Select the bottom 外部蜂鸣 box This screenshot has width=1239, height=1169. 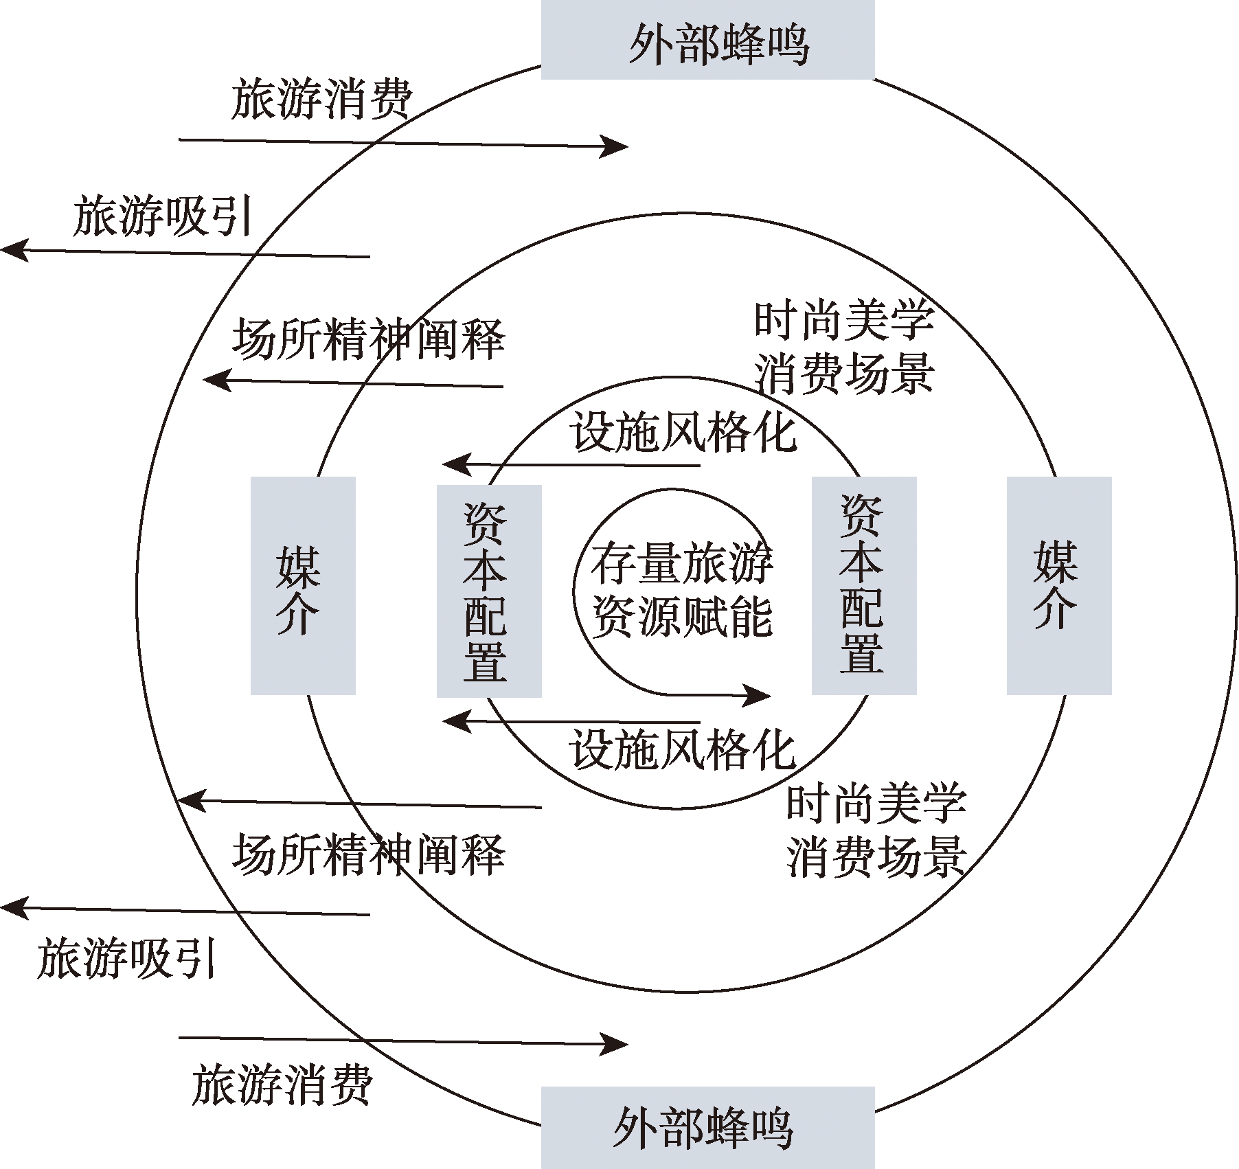707,1127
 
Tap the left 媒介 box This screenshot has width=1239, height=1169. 302,586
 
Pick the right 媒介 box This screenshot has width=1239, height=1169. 1058,586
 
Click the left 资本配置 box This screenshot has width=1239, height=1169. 488,591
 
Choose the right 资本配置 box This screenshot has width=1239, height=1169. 863,586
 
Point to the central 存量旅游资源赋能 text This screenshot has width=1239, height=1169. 681,589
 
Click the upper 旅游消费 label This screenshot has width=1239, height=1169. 321,100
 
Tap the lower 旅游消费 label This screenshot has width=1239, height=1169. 282,1085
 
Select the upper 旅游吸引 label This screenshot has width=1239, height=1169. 163,216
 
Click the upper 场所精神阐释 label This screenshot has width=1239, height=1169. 369,339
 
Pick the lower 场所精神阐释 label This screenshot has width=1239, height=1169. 369,854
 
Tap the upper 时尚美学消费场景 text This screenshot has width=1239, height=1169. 844,347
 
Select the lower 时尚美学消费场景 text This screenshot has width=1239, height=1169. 876,830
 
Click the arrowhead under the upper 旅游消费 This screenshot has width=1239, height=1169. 615,146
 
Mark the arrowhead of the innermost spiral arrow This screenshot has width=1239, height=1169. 758,696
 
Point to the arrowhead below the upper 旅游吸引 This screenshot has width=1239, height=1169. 14,249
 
